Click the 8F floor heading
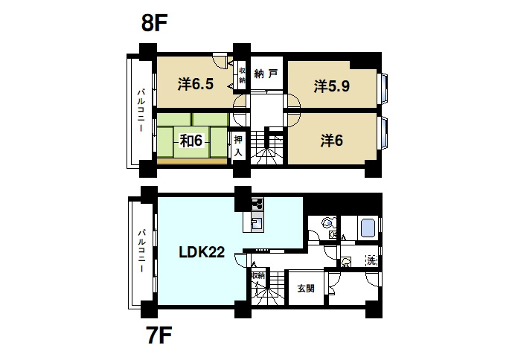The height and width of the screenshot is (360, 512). click(154, 23)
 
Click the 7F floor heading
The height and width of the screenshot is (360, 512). click(160, 335)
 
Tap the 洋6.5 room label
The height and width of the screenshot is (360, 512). click(196, 85)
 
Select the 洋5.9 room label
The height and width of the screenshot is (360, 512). click(332, 86)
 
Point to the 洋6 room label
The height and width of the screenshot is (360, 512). click(332, 141)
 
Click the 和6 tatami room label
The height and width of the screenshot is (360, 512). click(191, 141)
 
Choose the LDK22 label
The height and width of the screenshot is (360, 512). click(202, 252)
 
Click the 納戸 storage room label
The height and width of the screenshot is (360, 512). click(266, 74)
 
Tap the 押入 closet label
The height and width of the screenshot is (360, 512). click(238, 146)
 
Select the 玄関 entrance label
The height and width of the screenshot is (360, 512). click(306, 289)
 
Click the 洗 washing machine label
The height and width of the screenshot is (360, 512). click(371, 260)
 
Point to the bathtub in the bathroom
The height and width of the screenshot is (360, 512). click(367, 228)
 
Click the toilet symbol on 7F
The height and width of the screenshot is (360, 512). click(328, 223)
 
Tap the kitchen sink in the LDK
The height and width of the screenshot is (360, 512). click(257, 224)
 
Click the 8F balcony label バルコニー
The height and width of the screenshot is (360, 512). click(141, 110)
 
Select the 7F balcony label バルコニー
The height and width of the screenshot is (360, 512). click(141, 251)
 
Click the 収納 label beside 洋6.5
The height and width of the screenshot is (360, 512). click(242, 75)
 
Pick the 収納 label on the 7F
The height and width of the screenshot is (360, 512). click(258, 275)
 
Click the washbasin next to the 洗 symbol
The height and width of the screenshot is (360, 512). click(346, 262)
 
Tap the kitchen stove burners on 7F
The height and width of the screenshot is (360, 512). click(257, 205)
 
